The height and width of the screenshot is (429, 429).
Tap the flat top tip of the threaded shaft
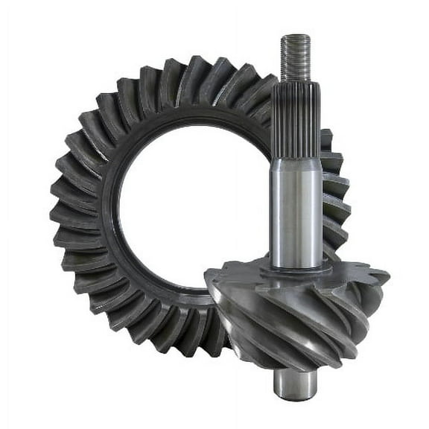296,36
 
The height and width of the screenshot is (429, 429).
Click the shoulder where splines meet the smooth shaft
296,158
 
